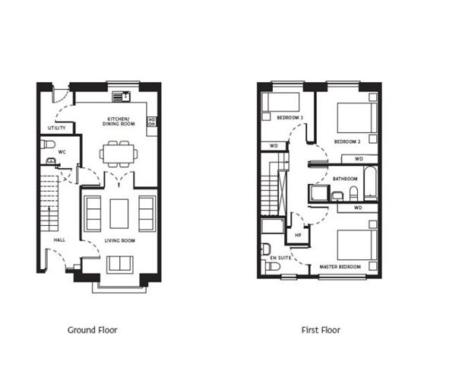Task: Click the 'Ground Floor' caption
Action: click(x=92, y=330)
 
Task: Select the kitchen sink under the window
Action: click(x=121, y=97)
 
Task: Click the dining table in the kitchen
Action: click(x=118, y=154)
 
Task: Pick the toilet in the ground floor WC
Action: click(x=47, y=144)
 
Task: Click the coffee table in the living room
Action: click(x=119, y=213)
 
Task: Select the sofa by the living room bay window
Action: click(x=119, y=264)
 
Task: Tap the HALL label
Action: click(x=59, y=240)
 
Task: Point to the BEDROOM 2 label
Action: click(x=346, y=141)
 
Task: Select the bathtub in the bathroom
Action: click(x=369, y=183)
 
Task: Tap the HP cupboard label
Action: click(x=298, y=235)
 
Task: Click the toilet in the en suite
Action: click(x=267, y=248)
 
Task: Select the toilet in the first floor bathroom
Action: click(x=353, y=194)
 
